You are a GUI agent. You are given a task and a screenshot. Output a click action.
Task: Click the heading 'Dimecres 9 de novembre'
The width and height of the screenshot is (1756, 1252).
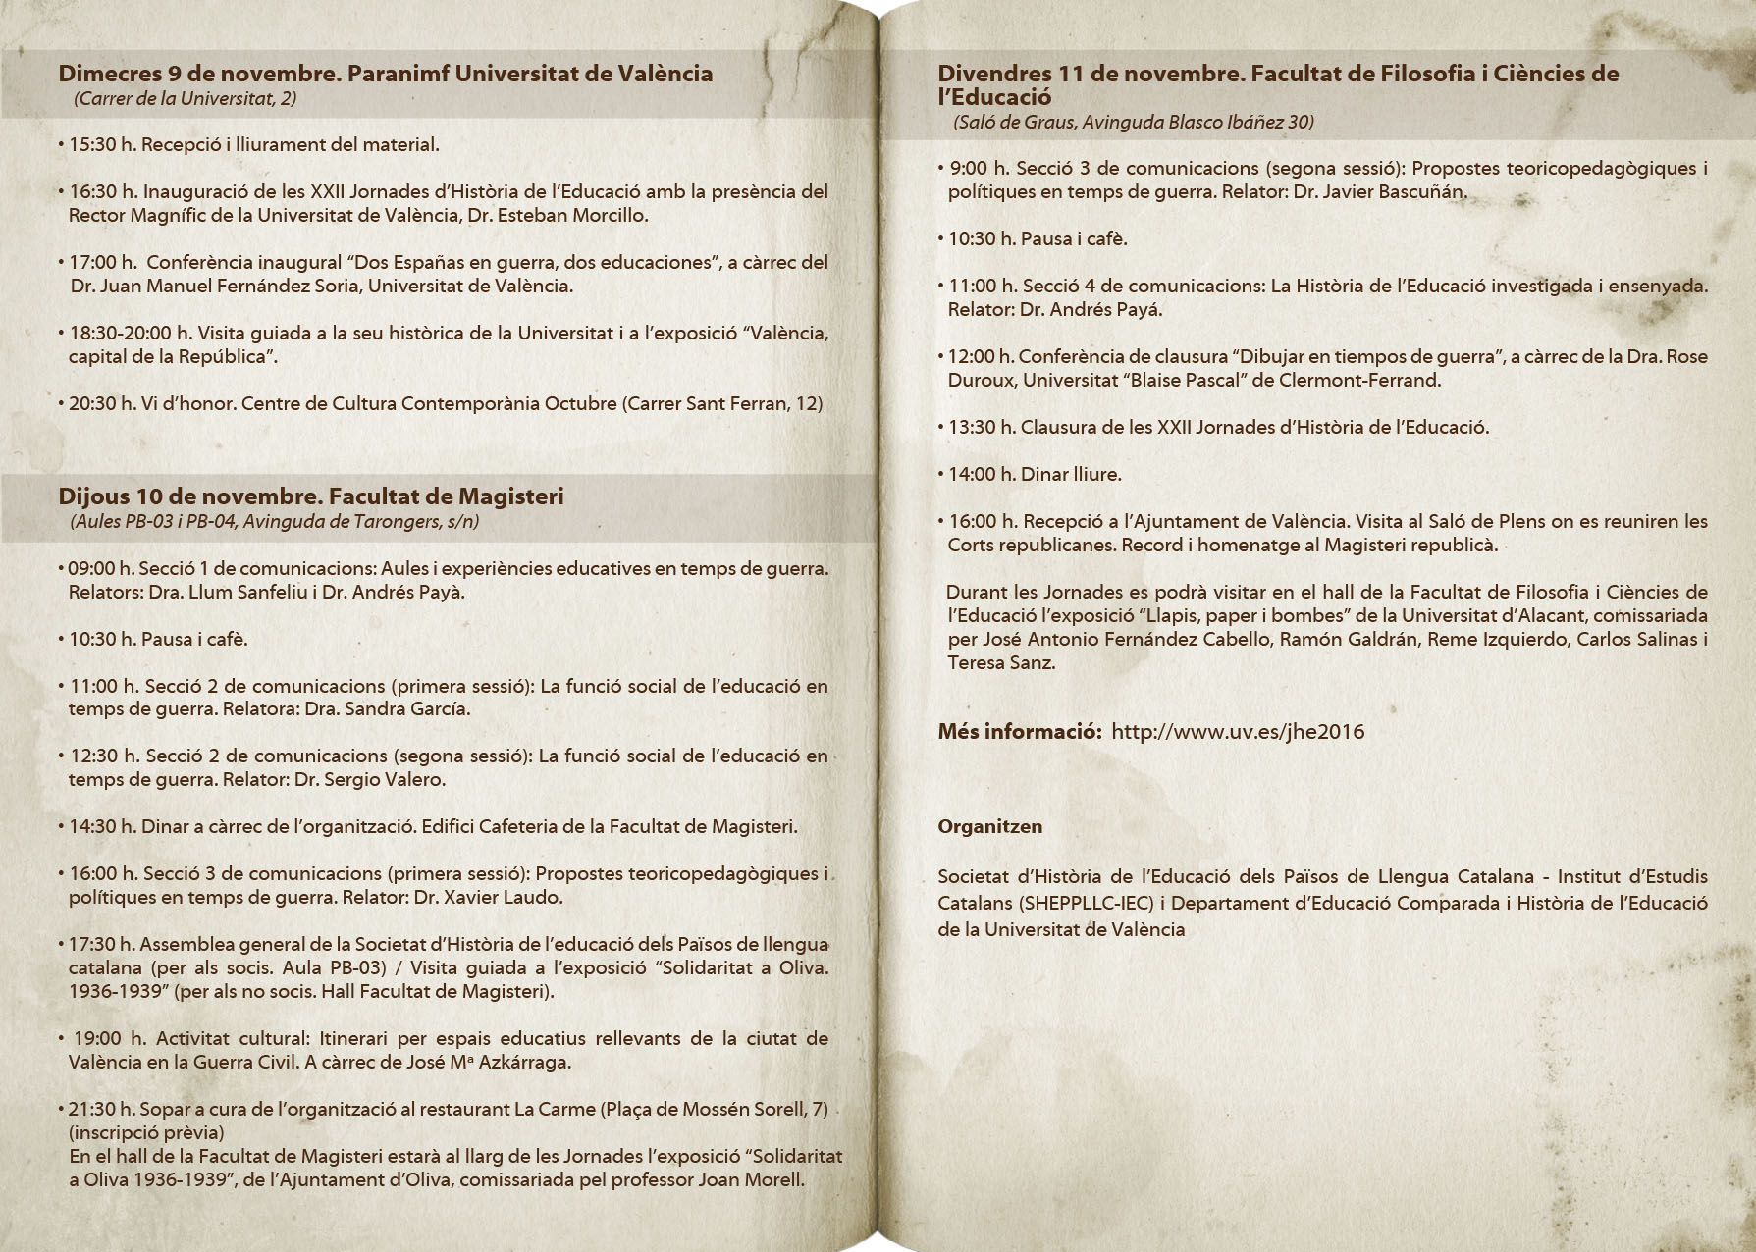(x=196, y=74)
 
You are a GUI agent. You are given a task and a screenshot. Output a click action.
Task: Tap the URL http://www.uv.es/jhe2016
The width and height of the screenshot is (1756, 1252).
(x=1238, y=732)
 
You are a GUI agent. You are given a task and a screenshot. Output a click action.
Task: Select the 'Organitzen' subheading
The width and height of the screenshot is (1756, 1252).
(x=989, y=827)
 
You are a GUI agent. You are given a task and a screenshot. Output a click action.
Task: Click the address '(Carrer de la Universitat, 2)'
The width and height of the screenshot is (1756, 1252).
(x=185, y=98)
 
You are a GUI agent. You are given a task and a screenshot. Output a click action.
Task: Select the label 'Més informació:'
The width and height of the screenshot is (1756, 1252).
(x=1019, y=732)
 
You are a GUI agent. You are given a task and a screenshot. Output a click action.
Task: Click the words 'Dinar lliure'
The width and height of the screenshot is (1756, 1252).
(x=1070, y=475)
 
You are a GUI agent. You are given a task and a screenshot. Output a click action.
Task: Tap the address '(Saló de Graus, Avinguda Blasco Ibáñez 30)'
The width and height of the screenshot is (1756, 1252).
(x=1133, y=122)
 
